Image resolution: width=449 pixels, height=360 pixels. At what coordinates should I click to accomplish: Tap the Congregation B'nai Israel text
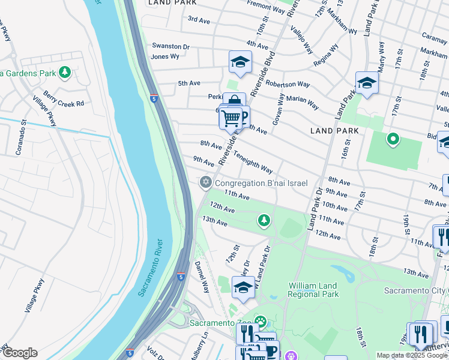click(x=261, y=183)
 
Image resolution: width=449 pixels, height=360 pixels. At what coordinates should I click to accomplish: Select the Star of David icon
click(x=205, y=182)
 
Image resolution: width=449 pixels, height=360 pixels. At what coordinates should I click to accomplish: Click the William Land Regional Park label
click(x=313, y=290)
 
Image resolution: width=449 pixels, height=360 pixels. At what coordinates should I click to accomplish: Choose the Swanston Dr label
click(x=170, y=46)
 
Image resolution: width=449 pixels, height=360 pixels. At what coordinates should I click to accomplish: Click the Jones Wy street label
click(x=165, y=56)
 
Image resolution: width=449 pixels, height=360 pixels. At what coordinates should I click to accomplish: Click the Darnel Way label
click(x=200, y=277)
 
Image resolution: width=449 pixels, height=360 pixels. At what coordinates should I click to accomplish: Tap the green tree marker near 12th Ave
click(x=263, y=221)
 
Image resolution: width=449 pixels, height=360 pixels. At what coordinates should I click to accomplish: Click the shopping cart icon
click(x=231, y=118)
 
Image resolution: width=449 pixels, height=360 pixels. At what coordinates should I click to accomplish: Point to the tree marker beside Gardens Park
click(x=65, y=73)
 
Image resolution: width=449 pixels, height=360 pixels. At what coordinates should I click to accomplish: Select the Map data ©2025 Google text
click(x=412, y=355)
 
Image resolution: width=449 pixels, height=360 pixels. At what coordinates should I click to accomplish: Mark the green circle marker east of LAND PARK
click(x=393, y=140)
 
